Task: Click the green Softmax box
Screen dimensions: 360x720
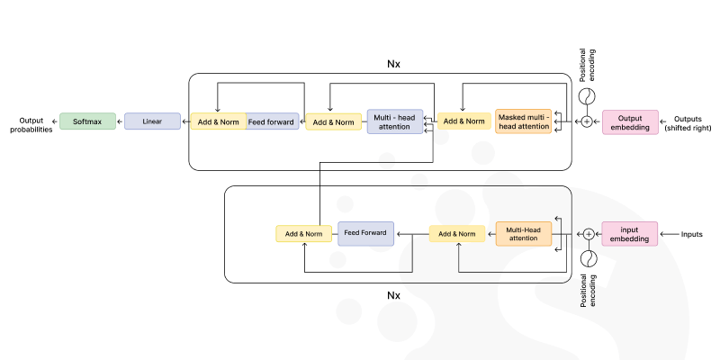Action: (87, 121)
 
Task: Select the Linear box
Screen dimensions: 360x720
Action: (152, 121)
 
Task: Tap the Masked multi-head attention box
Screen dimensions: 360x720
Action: (523, 121)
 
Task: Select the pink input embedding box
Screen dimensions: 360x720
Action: (630, 234)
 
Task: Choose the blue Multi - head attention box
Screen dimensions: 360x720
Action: (395, 121)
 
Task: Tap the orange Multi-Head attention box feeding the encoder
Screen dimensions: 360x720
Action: (523, 234)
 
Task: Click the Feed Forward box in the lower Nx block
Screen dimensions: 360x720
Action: (365, 234)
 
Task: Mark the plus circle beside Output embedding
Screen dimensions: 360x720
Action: (587, 121)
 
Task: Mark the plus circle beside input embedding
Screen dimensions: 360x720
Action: (589, 234)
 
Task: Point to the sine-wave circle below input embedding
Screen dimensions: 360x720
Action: (589, 258)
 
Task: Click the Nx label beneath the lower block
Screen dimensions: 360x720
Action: (393, 294)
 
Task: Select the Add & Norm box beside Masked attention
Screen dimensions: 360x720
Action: (464, 121)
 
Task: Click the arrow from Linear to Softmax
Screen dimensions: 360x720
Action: (120, 121)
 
